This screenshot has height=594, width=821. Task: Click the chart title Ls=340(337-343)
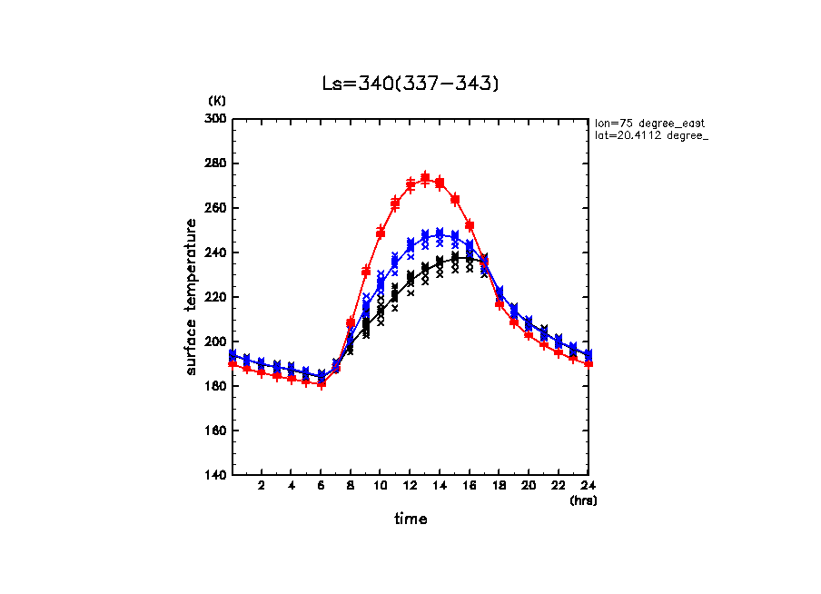tap(410, 84)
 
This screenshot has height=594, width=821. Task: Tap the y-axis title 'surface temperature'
tap(192, 297)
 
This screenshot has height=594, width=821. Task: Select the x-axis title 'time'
tap(410, 520)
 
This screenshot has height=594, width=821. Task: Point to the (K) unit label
tap(217, 101)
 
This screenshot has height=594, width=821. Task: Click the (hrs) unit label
tap(582, 500)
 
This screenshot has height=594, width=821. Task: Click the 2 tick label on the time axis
tap(262, 486)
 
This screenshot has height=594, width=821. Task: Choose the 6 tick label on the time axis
tap(321, 486)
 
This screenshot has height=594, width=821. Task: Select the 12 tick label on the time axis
tap(410, 486)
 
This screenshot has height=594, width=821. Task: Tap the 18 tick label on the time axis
tap(499, 486)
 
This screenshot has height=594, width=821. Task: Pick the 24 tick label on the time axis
tap(588, 486)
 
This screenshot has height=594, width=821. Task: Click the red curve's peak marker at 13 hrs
tap(425, 177)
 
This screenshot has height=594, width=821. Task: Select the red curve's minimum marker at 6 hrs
tap(321, 383)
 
